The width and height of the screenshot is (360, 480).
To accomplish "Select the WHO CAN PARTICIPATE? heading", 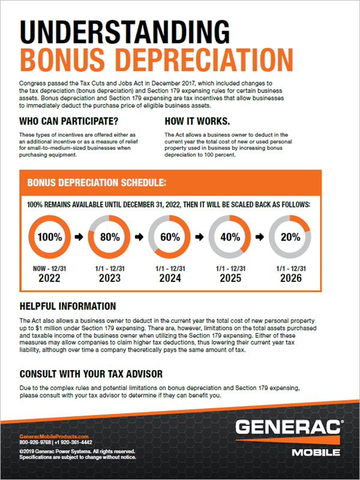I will [x=68, y=120].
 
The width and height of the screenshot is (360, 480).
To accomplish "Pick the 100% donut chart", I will [x=50, y=236].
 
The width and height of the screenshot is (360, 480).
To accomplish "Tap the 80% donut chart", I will [x=110, y=236].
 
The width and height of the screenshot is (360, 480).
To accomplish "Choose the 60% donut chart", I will [x=170, y=236].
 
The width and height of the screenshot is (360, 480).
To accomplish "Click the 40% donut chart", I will [x=230, y=236].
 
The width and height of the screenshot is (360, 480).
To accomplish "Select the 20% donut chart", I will [x=290, y=236].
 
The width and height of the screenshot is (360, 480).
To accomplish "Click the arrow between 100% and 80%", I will [x=80, y=237].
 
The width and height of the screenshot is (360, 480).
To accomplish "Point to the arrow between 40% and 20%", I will [x=260, y=237].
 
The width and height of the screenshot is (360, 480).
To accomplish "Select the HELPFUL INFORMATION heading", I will [x=68, y=306].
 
